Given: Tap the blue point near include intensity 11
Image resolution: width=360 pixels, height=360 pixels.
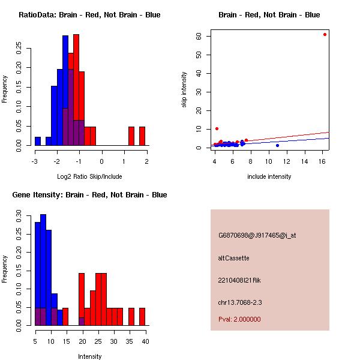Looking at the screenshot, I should [277, 145].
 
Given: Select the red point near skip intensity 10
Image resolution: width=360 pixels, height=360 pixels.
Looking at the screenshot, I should [217, 128].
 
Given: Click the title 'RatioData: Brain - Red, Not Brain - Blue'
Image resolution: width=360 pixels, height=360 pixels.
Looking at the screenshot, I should [89, 15].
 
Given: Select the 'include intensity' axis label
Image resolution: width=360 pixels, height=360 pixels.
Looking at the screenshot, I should [269, 176].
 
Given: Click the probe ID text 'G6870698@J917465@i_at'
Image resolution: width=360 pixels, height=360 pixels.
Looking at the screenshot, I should [257, 235].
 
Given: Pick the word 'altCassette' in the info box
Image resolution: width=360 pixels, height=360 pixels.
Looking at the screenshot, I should [233, 258].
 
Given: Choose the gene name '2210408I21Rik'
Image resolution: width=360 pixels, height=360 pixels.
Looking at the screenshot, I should [239, 280].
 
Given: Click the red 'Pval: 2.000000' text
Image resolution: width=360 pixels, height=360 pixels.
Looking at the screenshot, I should [239, 319].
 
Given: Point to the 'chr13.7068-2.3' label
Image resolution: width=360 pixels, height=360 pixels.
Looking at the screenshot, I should [241, 302].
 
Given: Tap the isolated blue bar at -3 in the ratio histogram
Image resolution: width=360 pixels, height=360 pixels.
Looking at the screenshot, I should [38, 141].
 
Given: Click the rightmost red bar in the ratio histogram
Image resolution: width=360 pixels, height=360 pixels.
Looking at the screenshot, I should [142, 136].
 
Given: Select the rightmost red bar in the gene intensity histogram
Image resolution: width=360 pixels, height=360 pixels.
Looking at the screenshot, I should [142, 316].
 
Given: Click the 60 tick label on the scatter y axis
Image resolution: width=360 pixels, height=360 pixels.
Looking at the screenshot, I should [206, 36].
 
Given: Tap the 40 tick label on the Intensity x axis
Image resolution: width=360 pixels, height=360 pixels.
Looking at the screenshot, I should [145, 341].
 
